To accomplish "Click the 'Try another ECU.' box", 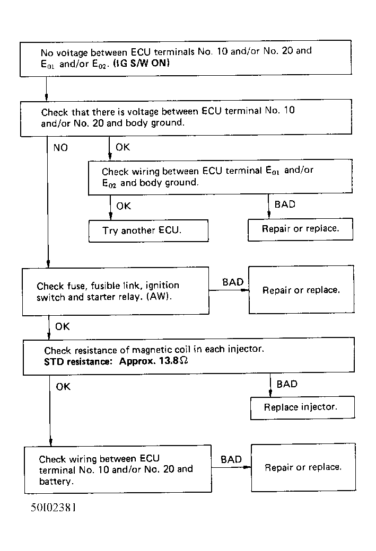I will pyautogui.click(x=148, y=230).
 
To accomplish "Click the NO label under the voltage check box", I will pyautogui.click(x=60, y=148).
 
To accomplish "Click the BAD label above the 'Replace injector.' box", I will pyautogui.click(x=287, y=384).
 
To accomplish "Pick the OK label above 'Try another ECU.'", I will pyautogui.click(x=124, y=206).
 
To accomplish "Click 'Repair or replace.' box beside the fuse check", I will pyautogui.click(x=301, y=290).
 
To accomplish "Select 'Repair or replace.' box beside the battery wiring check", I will pyautogui.click(x=303, y=467).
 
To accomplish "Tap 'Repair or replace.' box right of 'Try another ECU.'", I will pyautogui.click(x=300, y=229).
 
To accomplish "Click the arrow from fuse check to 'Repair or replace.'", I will pyautogui.click(x=229, y=290).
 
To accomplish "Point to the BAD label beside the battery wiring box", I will pyautogui.click(x=231, y=459).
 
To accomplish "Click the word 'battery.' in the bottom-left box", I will pyautogui.click(x=56, y=482).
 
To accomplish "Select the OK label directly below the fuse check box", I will pyautogui.click(x=63, y=327).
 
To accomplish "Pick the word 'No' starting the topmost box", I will pyautogui.click(x=47, y=52).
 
